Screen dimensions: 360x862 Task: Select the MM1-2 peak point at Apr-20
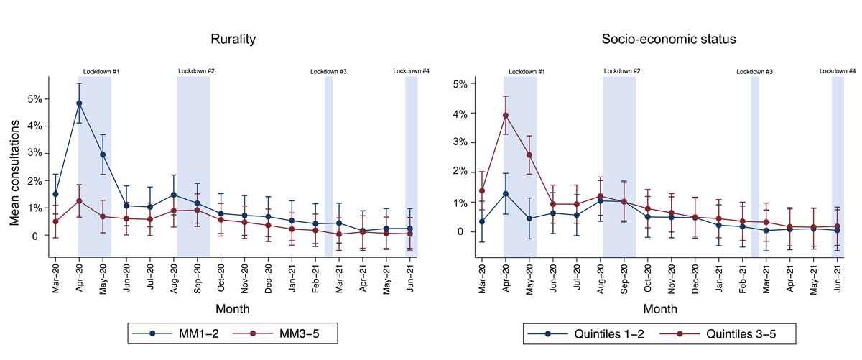[79, 103]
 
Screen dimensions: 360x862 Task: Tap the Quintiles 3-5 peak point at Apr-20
[505, 116]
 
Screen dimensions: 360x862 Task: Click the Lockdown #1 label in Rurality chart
[101, 72]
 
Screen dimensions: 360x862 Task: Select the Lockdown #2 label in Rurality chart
[196, 71]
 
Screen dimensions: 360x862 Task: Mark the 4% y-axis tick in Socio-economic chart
[459, 114]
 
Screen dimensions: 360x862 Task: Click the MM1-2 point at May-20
[103, 154]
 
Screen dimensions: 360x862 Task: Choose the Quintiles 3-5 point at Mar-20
[481, 191]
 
